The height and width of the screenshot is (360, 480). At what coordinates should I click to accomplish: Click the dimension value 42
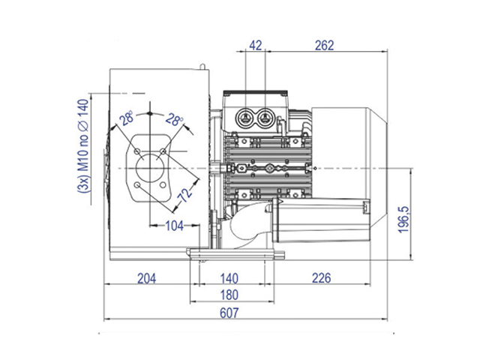[256, 46]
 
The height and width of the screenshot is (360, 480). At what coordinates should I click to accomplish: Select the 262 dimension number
[324, 46]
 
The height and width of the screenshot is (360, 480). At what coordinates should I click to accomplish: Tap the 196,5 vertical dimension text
[403, 220]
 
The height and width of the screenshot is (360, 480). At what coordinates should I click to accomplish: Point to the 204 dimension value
[147, 278]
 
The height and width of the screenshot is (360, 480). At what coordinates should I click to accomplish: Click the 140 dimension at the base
[229, 278]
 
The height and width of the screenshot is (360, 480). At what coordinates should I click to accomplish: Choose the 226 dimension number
[322, 278]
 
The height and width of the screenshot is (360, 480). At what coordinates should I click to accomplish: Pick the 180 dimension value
[229, 295]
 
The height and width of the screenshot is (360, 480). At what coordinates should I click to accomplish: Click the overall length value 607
[229, 313]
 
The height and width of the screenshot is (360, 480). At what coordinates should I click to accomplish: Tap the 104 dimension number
[175, 226]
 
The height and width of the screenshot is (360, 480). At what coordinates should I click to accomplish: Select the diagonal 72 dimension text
[185, 195]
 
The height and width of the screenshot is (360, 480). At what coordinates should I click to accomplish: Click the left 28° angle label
[127, 118]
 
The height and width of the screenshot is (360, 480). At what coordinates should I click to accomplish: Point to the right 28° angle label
[174, 119]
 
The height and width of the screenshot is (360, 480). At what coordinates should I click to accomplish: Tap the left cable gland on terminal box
[245, 118]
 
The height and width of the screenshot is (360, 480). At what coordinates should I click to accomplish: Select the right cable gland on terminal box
[265, 118]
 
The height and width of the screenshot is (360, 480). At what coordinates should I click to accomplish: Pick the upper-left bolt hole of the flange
[137, 151]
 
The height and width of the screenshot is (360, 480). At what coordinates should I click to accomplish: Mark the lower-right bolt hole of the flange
[163, 185]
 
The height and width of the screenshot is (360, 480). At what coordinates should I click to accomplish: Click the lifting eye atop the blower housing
[202, 67]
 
